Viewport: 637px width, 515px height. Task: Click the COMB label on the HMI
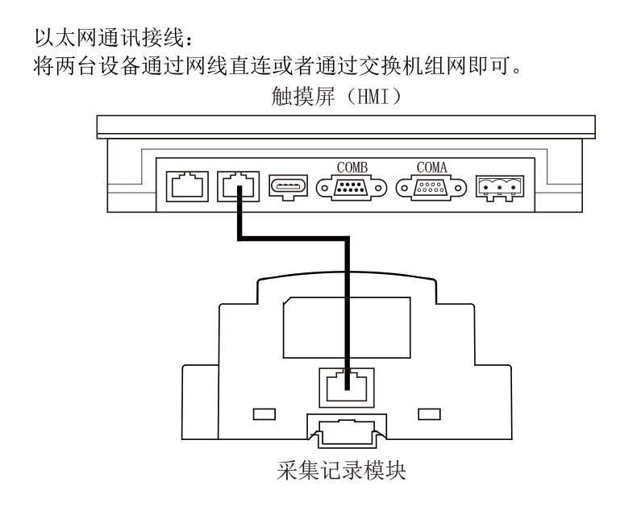click(352, 168)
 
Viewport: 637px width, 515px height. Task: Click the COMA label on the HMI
click(431, 168)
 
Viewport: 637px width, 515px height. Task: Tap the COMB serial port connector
click(352, 188)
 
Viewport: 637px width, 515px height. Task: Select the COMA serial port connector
click(431, 188)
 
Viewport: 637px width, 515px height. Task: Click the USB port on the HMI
click(288, 187)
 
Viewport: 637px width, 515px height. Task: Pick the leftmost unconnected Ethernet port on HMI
click(187, 186)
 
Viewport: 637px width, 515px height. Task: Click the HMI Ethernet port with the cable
click(239, 186)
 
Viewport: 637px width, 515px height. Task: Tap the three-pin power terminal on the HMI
click(500, 188)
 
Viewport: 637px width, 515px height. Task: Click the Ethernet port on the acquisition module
click(347, 388)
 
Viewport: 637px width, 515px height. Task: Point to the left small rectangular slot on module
click(264, 414)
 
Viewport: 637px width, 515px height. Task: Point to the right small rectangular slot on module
click(430, 414)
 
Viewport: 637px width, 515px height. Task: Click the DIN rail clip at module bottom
click(347, 432)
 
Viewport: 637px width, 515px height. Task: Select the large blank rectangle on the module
click(347, 327)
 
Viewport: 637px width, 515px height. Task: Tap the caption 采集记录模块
click(341, 471)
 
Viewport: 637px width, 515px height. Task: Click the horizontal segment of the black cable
click(294, 238)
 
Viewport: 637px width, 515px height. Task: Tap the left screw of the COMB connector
click(324, 189)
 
